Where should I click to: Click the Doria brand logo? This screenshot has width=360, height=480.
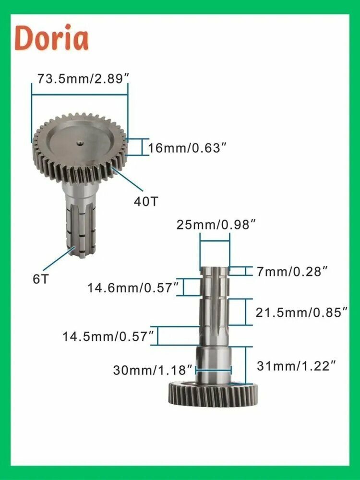tap(51, 38)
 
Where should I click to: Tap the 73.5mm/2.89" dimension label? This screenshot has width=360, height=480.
tap(83, 79)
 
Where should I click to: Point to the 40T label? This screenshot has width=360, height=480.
tap(146, 202)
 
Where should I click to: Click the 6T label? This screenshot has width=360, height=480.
tap(41, 279)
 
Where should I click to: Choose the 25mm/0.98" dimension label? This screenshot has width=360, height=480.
tap(216, 225)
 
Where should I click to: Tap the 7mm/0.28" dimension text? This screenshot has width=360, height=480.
tap(292, 271)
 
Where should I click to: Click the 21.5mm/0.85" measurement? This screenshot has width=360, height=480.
tap(301, 313)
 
